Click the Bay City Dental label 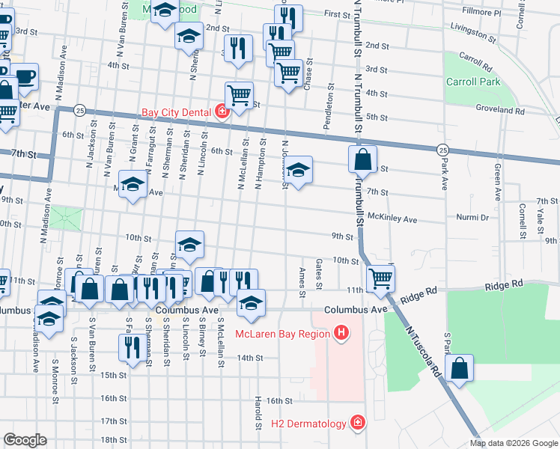click(x=177, y=113)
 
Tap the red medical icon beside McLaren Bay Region click(x=341, y=332)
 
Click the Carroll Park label click(x=472, y=82)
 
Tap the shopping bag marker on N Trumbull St click(x=362, y=159)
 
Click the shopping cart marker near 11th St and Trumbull click(x=381, y=278)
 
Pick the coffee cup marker click(x=24, y=76)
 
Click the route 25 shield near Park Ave click(x=443, y=150)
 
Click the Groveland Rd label click(x=500, y=110)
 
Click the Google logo click(x=25, y=440)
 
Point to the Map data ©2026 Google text click(x=513, y=443)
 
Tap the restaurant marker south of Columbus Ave click(x=130, y=348)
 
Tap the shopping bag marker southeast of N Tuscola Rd click(x=459, y=368)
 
